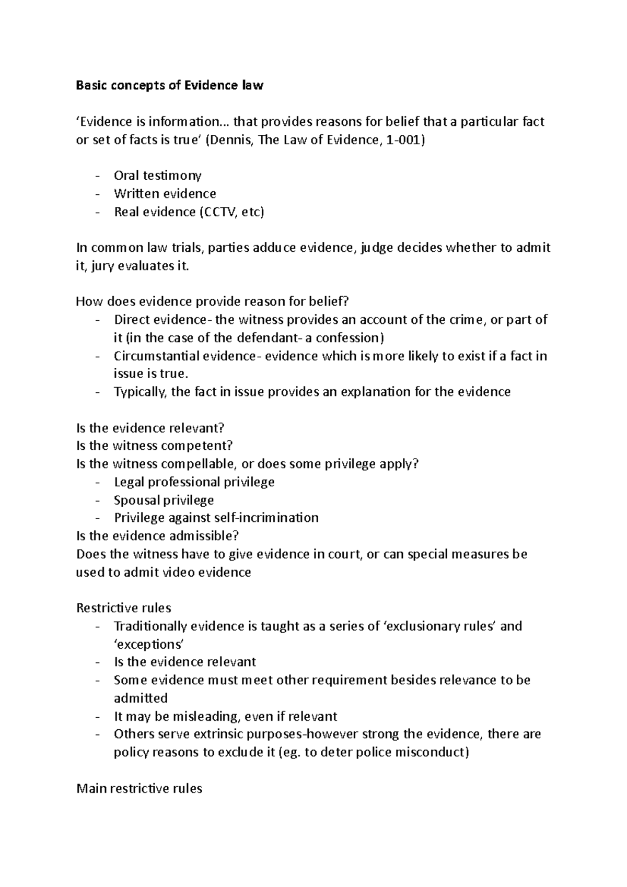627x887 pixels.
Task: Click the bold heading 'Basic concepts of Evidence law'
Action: point(169,86)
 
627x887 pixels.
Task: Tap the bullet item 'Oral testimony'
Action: point(157,176)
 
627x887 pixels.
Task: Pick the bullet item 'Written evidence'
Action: point(165,194)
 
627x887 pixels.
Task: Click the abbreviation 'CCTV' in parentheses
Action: point(220,212)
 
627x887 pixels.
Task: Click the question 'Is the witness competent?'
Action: point(154,446)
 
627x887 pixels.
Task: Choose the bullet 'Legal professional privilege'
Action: point(194,482)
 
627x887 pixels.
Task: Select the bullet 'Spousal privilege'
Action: point(164,500)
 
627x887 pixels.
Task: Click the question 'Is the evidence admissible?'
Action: point(157,536)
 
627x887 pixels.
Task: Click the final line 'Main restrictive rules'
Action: point(139,788)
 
